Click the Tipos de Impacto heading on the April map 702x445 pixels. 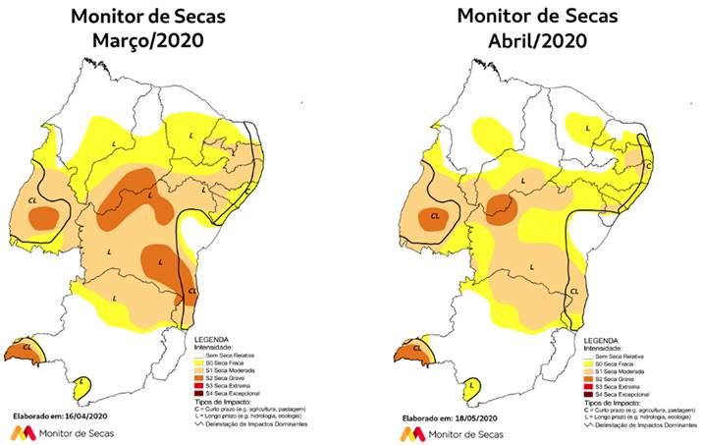[610, 401]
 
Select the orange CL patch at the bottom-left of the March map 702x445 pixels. [23, 352]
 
